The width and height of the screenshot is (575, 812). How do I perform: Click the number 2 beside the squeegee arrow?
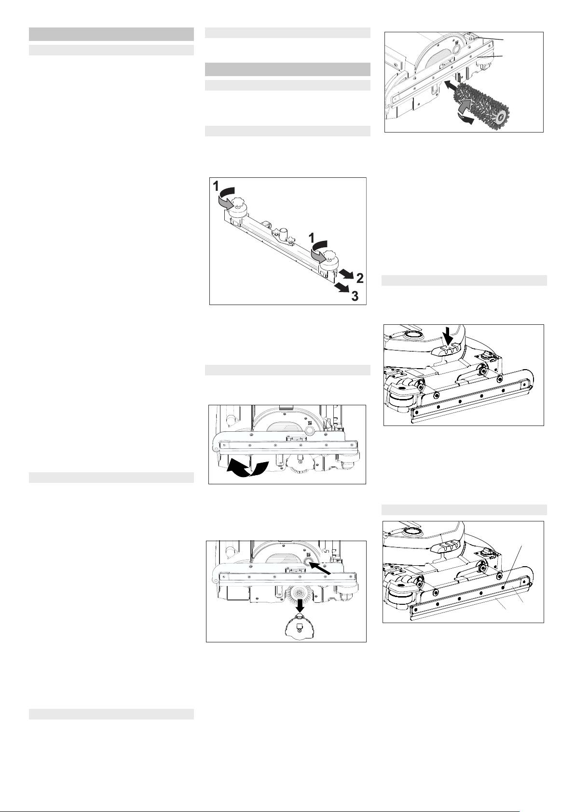point(360,278)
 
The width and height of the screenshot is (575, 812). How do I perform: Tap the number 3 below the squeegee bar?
point(355,296)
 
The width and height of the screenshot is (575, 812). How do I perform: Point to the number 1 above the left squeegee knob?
point(216,186)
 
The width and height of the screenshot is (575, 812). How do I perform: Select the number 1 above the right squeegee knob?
point(311,238)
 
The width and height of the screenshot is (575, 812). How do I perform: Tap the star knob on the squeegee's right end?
point(331,255)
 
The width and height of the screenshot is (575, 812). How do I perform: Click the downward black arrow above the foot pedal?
point(449,339)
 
